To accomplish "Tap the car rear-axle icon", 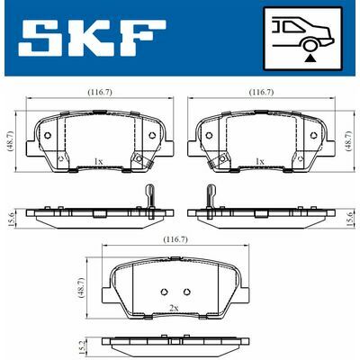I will [x=303, y=38].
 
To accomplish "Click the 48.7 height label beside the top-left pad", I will [x=9, y=143].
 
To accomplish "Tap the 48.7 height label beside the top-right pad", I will [x=349, y=143].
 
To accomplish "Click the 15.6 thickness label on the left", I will [x=9, y=215].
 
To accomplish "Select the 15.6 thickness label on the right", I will [x=349, y=215].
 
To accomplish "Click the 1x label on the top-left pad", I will [x=98, y=161].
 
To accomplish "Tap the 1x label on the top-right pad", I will [x=261, y=161].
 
